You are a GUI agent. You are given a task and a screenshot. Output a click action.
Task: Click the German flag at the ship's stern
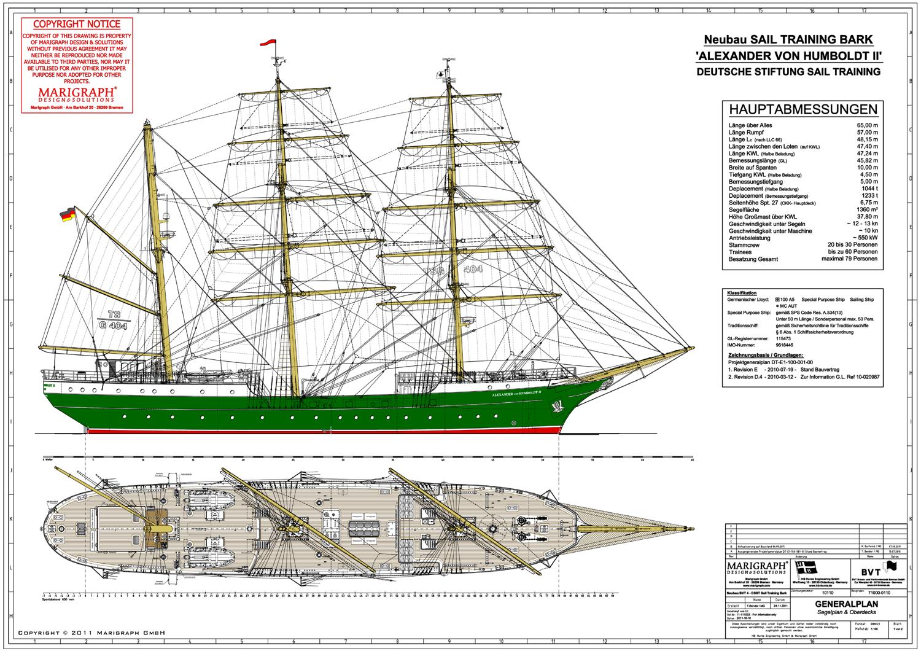click(66, 215)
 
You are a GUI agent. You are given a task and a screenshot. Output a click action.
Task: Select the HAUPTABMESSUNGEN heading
click(802, 110)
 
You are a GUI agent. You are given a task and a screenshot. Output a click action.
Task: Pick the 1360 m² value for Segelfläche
click(865, 209)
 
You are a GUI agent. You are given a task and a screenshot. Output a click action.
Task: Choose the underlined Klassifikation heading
click(742, 293)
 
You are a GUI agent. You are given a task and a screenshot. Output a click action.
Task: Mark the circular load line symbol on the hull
click(513, 423)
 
